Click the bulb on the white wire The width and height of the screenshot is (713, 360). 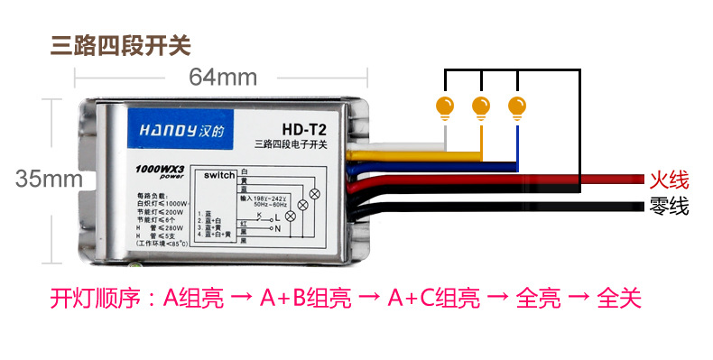pyautogui.click(x=445, y=106)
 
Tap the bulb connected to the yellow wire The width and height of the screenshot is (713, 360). pyautogui.click(x=480, y=106)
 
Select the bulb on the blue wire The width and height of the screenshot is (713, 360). pyautogui.click(x=516, y=106)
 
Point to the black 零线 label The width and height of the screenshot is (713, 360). pyautogui.click(x=669, y=208)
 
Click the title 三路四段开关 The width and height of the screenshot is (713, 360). pyautogui.click(x=121, y=43)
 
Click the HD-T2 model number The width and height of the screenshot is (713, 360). pyautogui.click(x=290, y=129)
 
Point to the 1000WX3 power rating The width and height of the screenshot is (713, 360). pyautogui.click(x=159, y=169)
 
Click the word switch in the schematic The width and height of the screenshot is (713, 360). pyautogui.click(x=218, y=173)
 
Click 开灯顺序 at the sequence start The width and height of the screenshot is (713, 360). pyautogui.click(x=87, y=297)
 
